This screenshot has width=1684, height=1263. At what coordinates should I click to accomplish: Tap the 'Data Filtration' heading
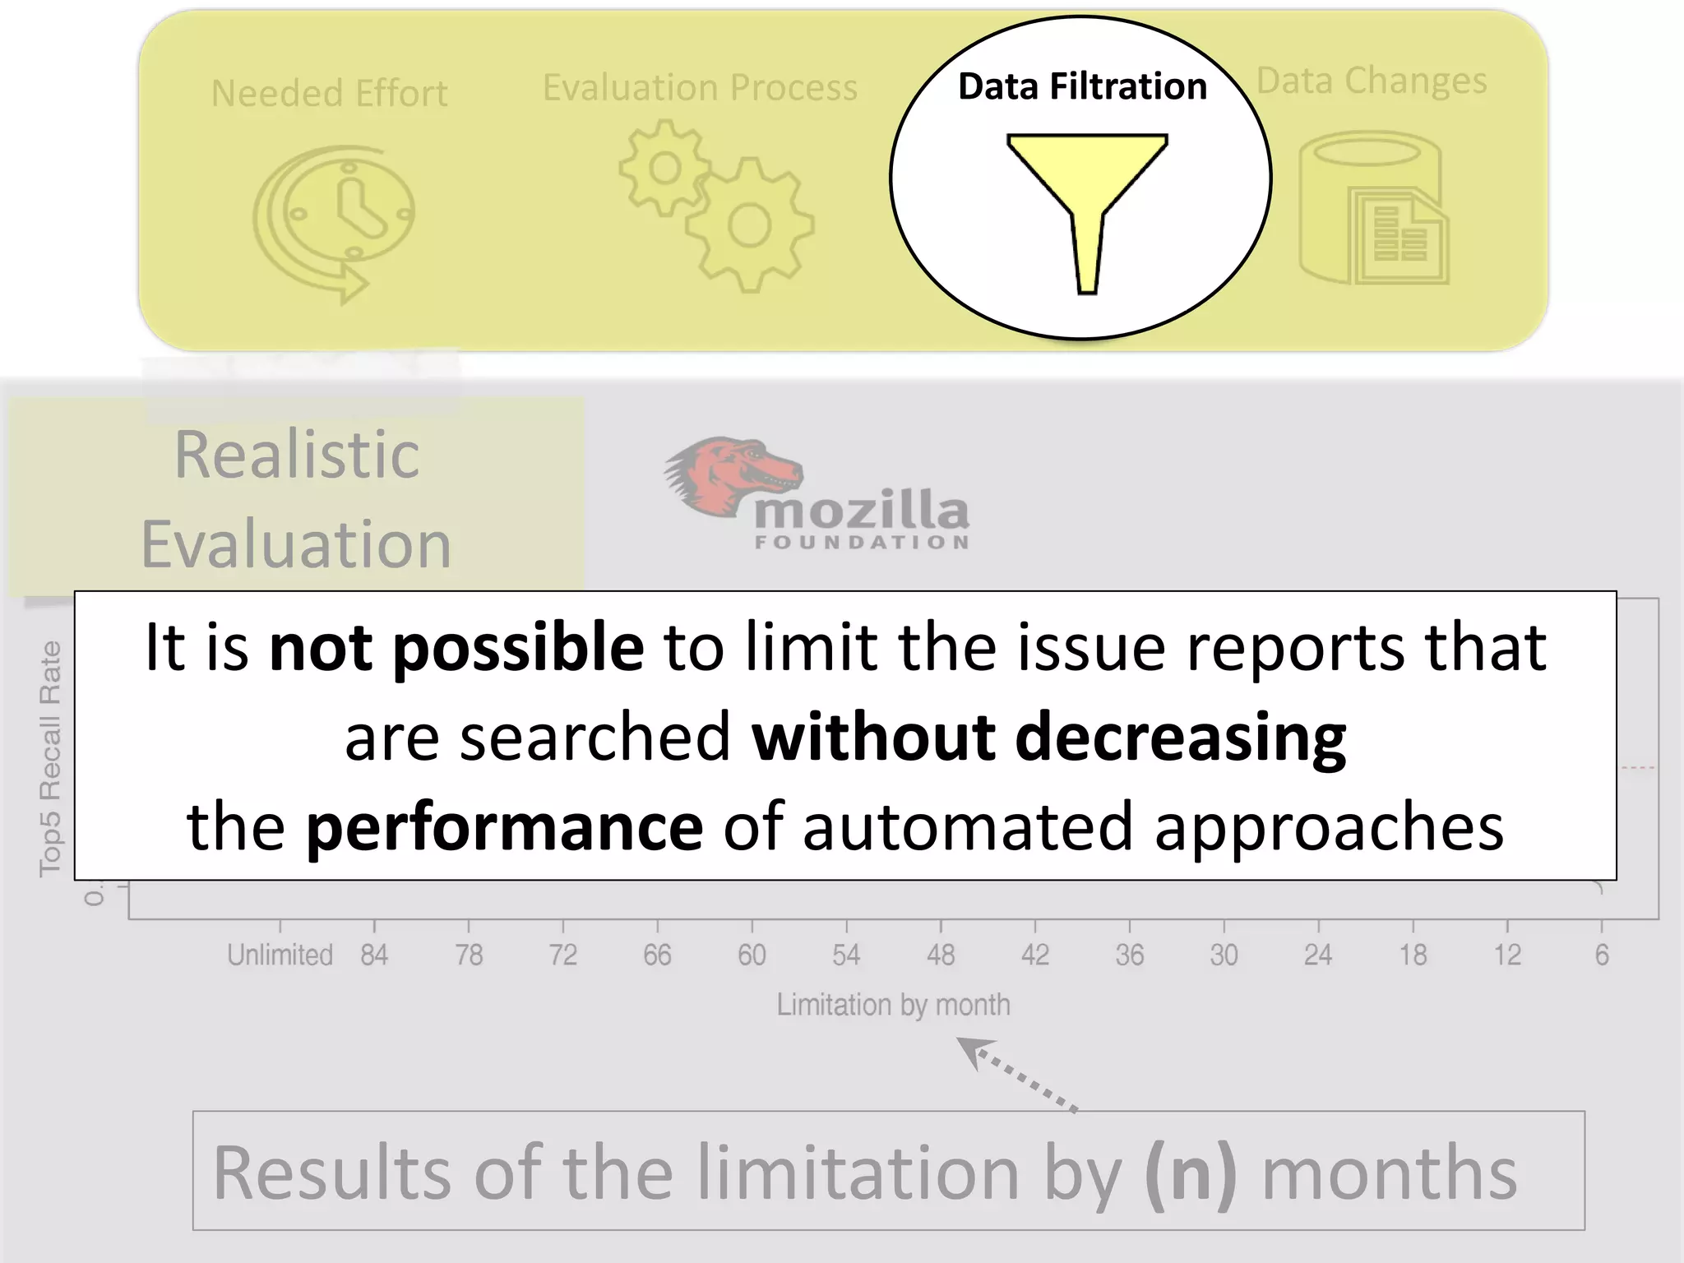tap(1082, 86)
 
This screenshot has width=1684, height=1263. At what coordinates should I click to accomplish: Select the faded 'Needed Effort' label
tap(329, 93)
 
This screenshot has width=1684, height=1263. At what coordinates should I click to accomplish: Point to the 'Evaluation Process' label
tap(700, 87)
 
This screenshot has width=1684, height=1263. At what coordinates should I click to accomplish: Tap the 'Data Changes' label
tap(1372, 81)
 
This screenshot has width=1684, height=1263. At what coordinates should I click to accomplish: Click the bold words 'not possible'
tap(456, 647)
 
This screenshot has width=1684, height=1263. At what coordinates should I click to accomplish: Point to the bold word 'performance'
tap(504, 826)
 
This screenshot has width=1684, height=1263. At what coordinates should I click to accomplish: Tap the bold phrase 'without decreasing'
tap(1048, 737)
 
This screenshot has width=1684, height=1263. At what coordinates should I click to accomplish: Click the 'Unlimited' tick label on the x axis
tap(280, 955)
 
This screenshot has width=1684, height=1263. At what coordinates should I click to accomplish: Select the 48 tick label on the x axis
tap(941, 955)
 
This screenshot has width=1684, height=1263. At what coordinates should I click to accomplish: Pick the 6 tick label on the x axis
tap(1601, 955)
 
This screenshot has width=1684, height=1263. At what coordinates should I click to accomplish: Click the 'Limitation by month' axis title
tap(893, 1005)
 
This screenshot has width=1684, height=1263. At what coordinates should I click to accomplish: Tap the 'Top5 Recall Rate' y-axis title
tap(50, 758)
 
